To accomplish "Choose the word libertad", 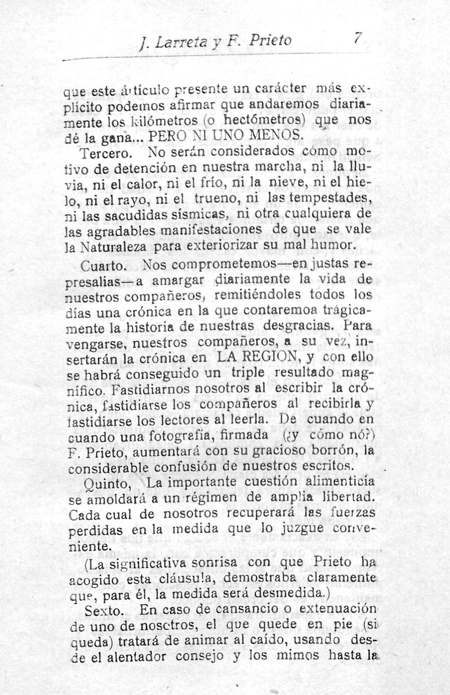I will (x=354, y=499).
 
